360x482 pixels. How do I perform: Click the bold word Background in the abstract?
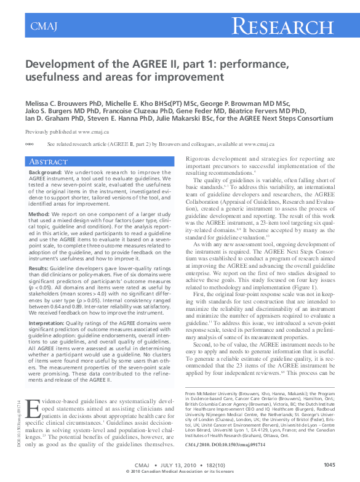pyautogui.click(x=45, y=173)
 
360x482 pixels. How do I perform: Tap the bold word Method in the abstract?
pyautogui.click(x=39, y=214)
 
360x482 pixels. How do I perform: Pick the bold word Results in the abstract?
pyautogui.click(x=40, y=268)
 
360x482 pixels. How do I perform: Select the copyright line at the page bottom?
pyautogui.click(x=179, y=472)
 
